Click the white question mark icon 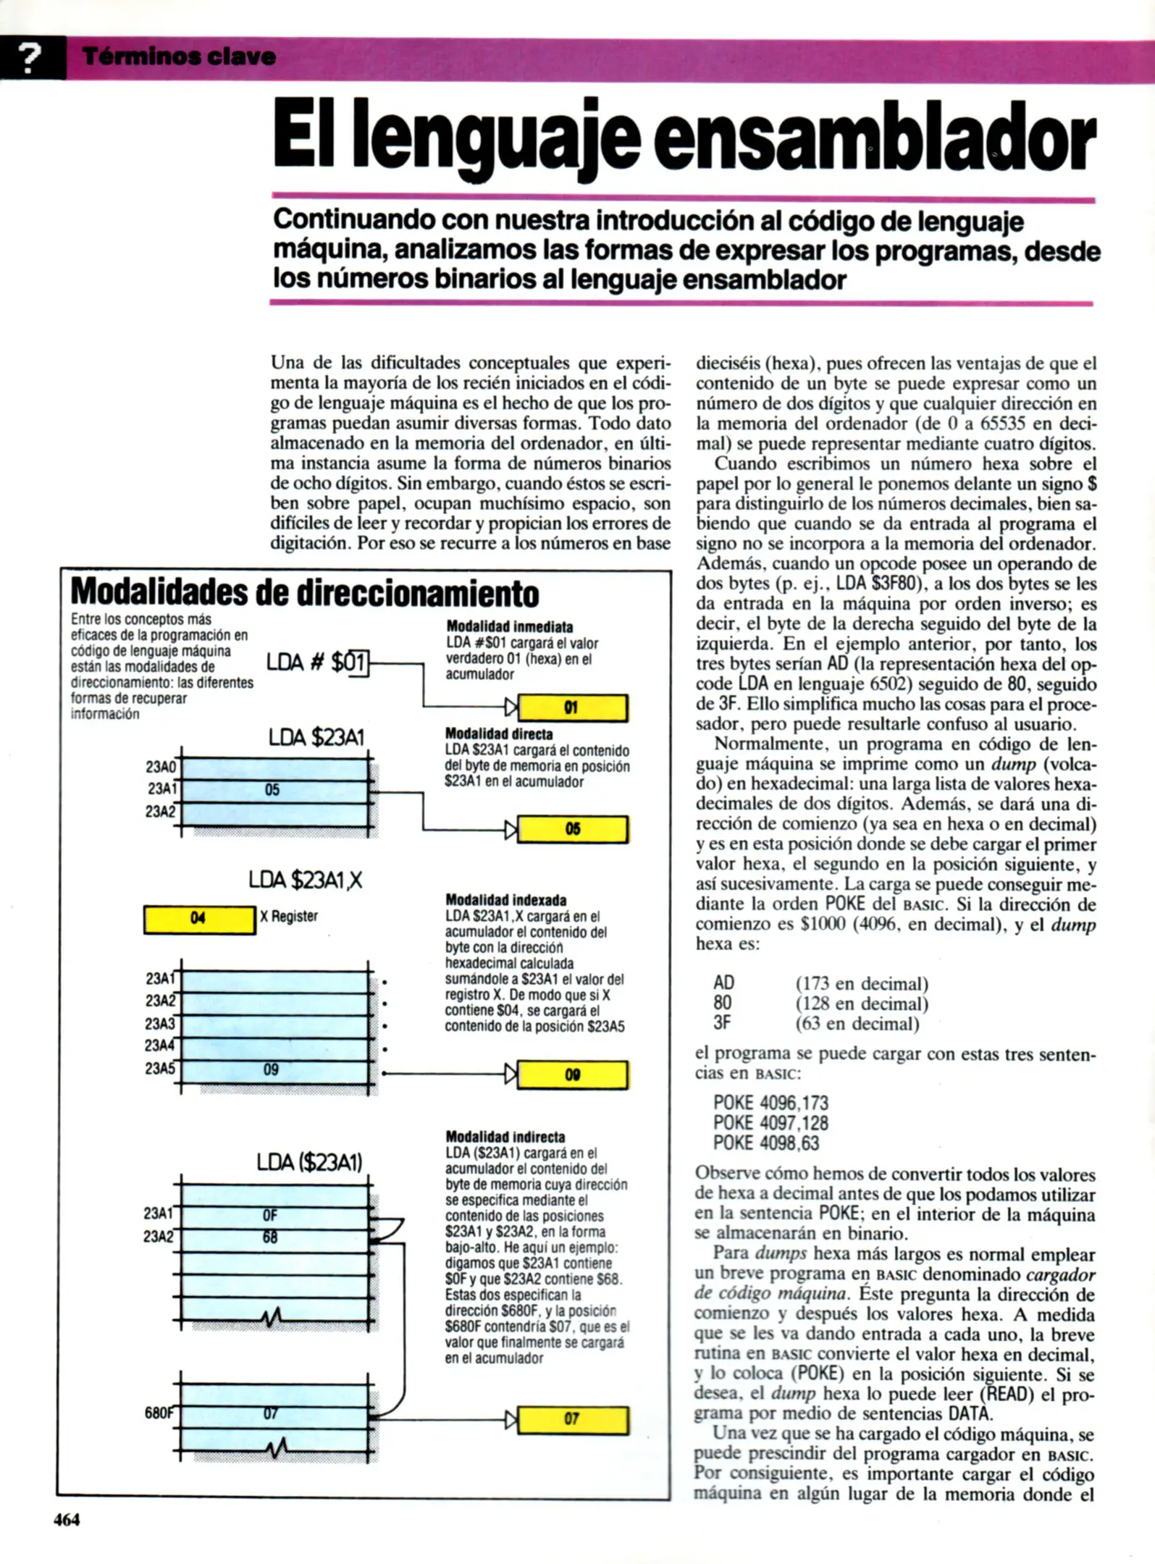point(29,58)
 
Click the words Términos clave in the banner point(179,56)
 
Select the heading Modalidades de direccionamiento point(305,593)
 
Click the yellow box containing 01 point(573,707)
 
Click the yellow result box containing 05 point(573,829)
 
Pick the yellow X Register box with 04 point(199,919)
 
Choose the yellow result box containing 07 point(573,1418)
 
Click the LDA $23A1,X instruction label point(305,880)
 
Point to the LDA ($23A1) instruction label point(309,1162)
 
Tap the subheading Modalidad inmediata point(509,626)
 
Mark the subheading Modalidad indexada point(505,900)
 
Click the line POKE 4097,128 point(770,1123)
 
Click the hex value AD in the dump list point(723,983)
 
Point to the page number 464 point(67,1520)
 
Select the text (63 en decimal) point(857,1023)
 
